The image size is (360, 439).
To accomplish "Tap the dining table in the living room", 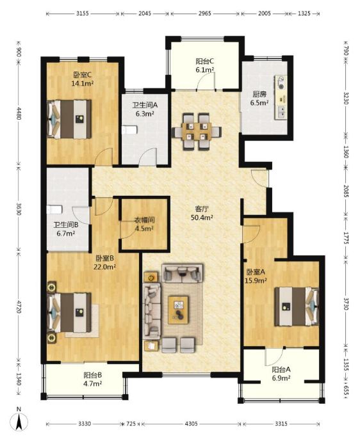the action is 197,131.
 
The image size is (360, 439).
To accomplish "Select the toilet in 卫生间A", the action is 129,130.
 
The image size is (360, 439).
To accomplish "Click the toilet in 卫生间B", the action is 54,209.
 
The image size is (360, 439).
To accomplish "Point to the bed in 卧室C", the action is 69,119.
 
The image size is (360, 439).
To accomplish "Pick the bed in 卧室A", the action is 297,307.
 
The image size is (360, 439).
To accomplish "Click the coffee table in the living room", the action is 178,310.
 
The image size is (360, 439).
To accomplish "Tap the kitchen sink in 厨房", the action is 281,111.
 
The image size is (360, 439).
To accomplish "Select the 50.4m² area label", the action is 202,218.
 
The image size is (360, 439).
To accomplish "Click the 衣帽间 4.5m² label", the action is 144,224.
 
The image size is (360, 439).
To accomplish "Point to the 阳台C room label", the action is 204,61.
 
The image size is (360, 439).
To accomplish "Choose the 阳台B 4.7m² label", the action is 92,379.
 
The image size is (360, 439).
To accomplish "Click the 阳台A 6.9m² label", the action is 281,374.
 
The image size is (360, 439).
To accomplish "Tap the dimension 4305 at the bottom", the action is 191,424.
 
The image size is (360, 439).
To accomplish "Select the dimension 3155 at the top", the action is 83,13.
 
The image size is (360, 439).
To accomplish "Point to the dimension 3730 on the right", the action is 346,303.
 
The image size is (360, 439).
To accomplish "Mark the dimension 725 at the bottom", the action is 131,424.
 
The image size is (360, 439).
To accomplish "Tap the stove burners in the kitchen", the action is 281,83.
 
